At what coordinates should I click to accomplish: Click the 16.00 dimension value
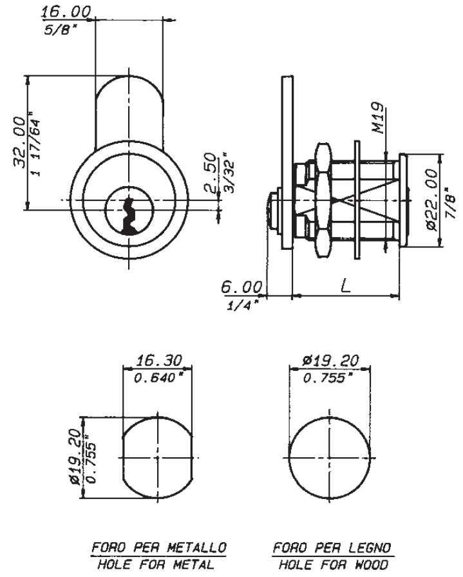[65, 12]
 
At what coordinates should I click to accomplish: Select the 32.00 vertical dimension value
[19, 142]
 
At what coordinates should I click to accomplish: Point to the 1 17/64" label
[35, 144]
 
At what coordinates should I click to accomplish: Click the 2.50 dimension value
[210, 173]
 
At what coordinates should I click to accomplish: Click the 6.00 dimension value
[242, 287]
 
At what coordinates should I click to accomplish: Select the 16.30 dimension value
[159, 360]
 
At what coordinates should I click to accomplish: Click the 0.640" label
[159, 378]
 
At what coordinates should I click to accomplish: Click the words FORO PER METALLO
[158, 547]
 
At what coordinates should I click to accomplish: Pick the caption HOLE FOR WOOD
[333, 564]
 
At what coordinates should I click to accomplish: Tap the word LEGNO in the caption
[369, 547]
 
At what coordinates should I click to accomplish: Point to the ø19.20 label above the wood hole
[330, 360]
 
